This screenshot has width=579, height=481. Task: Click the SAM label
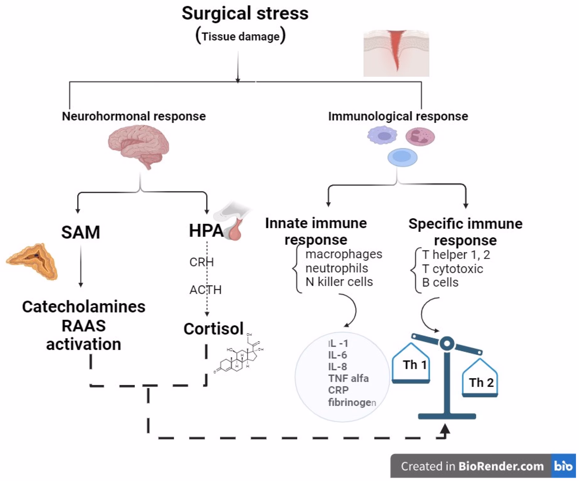pos(81,232)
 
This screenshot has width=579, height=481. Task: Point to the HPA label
pos(206,231)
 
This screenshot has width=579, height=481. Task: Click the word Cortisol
pos(214,329)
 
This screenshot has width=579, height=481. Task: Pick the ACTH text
pos(205,290)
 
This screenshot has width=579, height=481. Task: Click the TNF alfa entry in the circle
pos(348,379)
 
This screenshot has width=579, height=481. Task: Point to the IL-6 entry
pos(337,355)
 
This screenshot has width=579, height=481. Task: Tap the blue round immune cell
pos(402,157)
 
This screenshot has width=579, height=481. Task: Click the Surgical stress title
pos(245,14)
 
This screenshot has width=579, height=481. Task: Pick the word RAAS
pos(84,326)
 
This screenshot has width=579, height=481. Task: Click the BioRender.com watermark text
pos(501,466)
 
